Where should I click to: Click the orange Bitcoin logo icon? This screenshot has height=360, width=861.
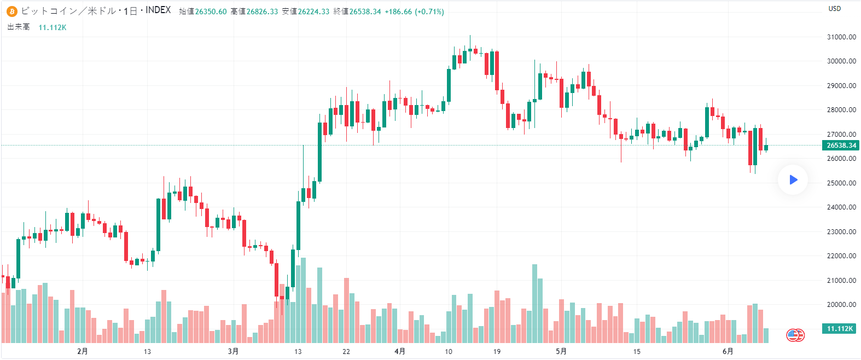tap(12, 11)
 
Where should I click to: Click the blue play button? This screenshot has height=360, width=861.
tap(793, 179)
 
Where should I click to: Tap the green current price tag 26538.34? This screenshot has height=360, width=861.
tap(841, 146)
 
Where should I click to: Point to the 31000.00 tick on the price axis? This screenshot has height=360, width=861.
tap(841, 37)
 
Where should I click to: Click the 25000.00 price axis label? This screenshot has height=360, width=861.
tap(841, 183)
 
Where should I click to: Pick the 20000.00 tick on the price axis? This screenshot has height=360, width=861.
tap(841, 305)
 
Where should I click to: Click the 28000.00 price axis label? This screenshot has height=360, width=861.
tap(841, 110)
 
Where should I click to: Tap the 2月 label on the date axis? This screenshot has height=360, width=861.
tap(83, 351)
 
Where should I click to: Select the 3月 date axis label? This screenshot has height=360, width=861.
tap(234, 351)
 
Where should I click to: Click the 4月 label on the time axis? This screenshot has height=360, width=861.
tap(400, 351)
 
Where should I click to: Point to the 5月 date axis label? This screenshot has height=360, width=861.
tap(561, 351)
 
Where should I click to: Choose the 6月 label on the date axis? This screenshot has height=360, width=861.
tap(728, 351)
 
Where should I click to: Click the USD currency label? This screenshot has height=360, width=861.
tap(835, 9)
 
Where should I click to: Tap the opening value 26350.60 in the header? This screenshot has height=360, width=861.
tap(211, 11)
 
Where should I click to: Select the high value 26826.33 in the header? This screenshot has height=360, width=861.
tap(262, 11)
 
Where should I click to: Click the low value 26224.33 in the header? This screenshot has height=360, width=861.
tap(313, 11)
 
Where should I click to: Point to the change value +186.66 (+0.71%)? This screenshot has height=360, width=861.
tap(414, 11)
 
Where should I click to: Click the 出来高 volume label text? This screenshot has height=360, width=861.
tap(19, 27)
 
